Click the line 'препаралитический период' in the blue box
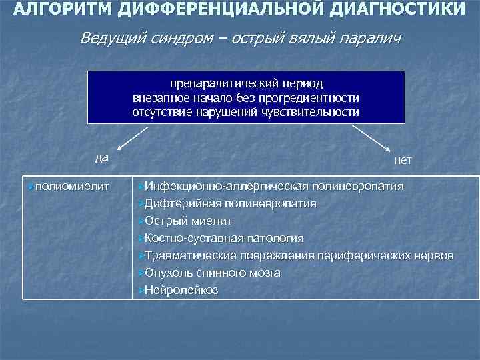245,84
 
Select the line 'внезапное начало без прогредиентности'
245,98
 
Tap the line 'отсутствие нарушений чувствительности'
245,112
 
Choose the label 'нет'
403,161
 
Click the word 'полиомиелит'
70,185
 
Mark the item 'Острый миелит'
188,220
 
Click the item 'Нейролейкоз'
181,290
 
